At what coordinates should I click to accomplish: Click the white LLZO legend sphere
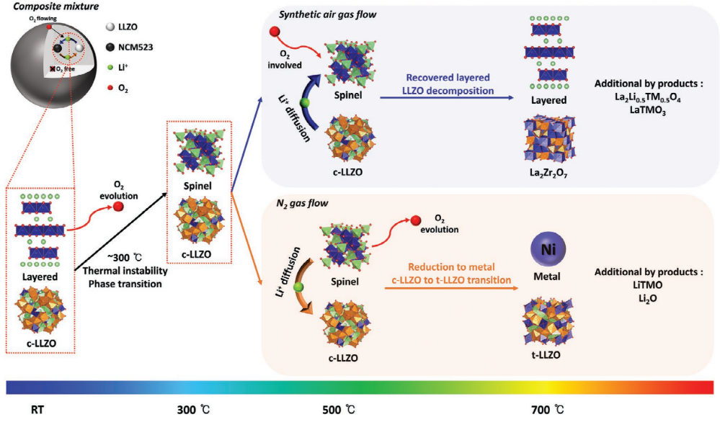point(108,27)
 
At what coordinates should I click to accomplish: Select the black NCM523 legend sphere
point(108,47)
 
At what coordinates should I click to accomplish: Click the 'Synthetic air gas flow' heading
point(316,14)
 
